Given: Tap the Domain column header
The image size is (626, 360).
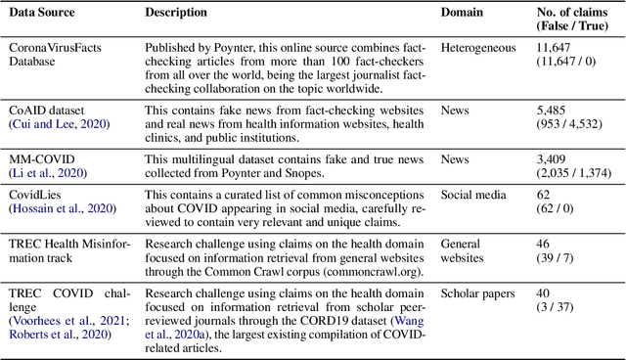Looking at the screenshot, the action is click(464, 13).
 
